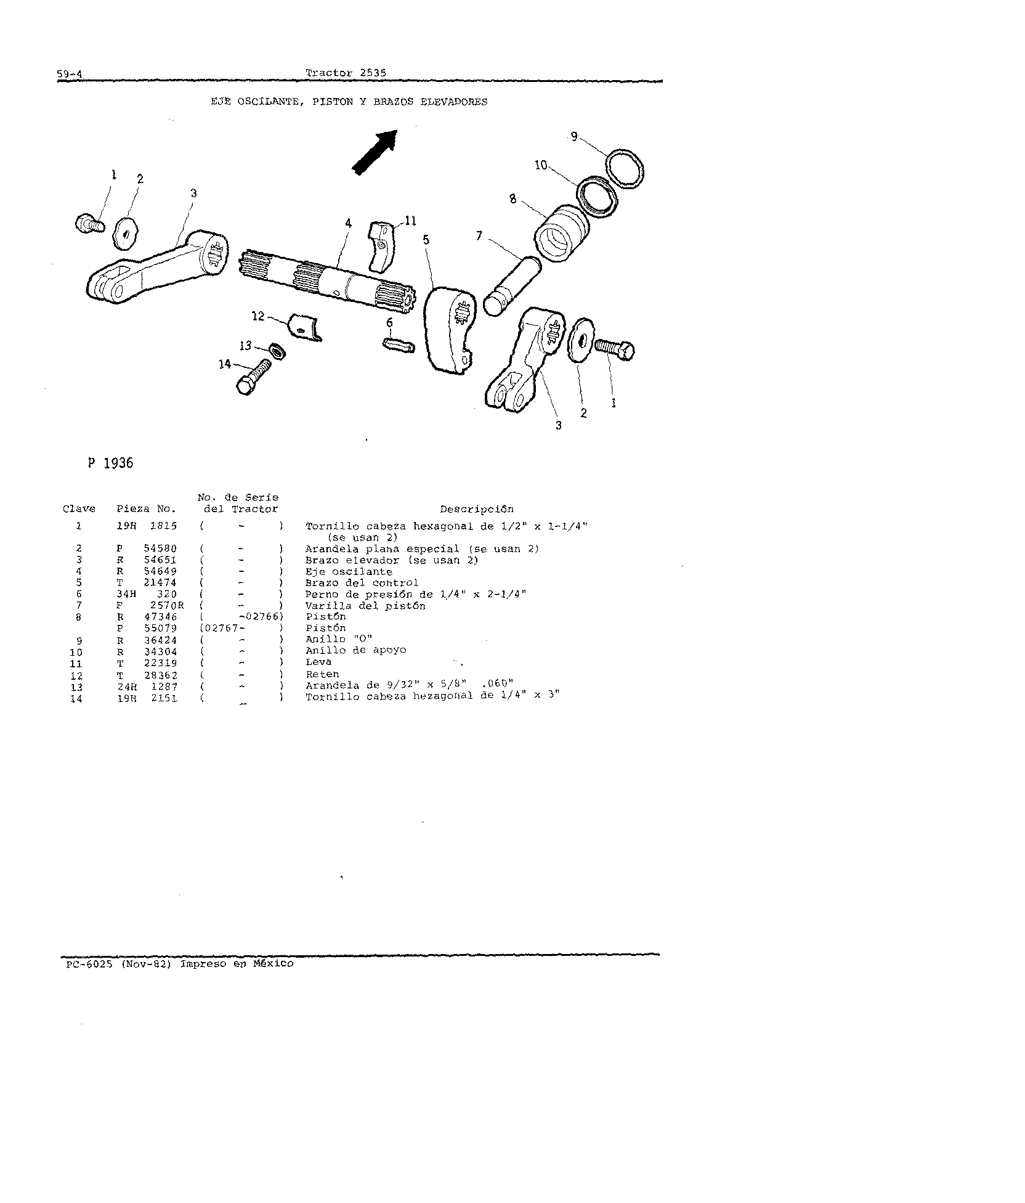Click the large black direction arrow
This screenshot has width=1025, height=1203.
(x=375, y=152)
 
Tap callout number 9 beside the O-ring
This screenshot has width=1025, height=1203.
(x=574, y=137)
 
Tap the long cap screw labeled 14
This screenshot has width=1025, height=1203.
(x=253, y=377)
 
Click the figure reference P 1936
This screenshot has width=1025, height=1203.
(x=110, y=463)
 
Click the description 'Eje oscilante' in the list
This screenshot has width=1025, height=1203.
(x=349, y=572)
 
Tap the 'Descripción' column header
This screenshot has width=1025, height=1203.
(x=476, y=509)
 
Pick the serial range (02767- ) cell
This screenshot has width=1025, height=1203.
(x=241, y=628)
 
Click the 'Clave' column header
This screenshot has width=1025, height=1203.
(x=79, y=509)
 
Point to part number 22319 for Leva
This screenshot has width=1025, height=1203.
(x=159, y=663)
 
